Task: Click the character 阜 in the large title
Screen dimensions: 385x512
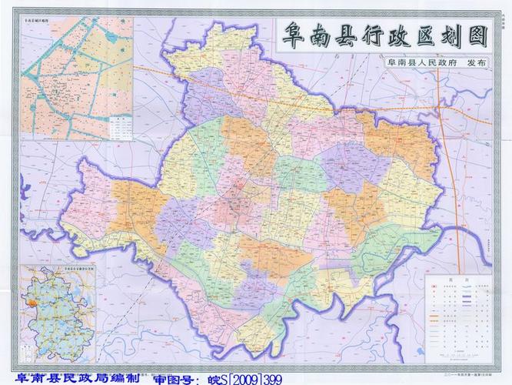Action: click(x=293, y=35)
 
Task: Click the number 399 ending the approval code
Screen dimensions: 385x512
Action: click(x=271, y=379)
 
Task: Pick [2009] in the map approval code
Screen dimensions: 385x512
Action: click(x=241, y=379)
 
